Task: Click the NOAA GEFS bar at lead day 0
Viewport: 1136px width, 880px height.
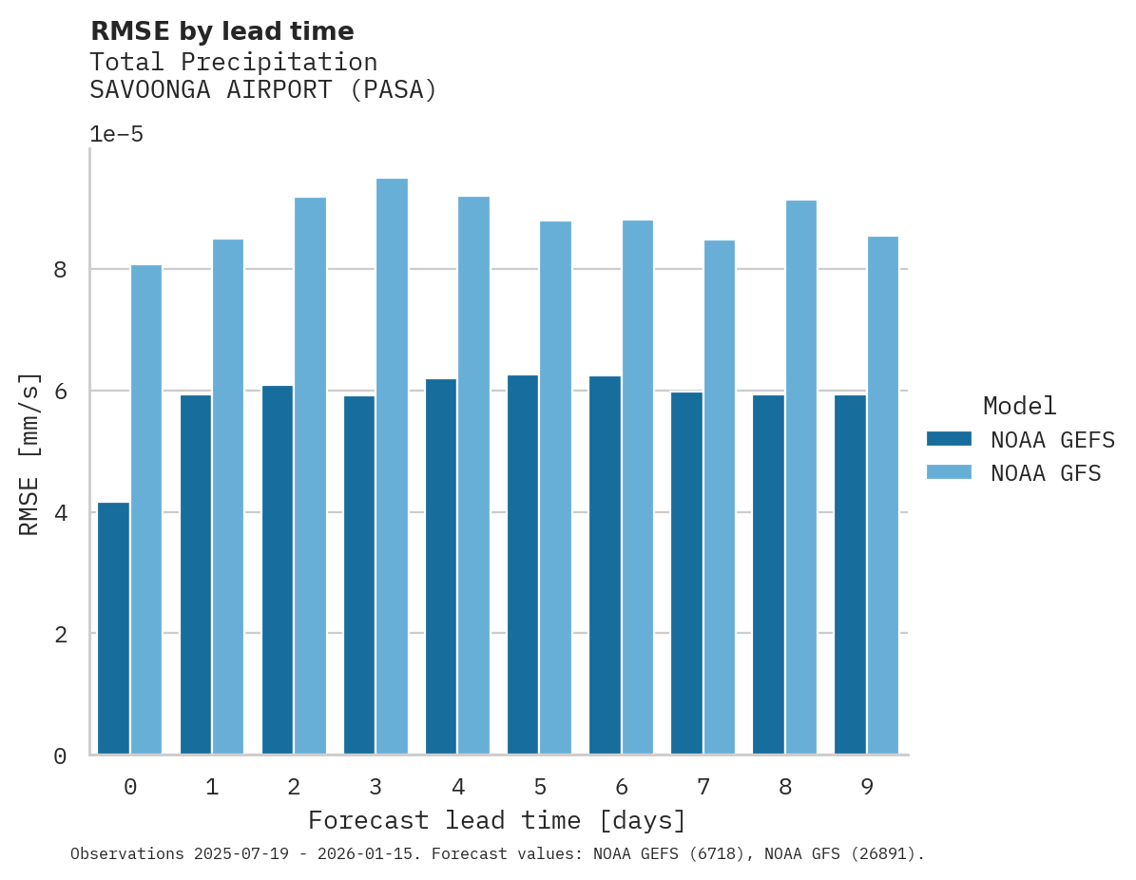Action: point(113,628)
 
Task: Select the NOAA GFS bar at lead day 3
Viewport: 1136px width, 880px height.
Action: point(392,467)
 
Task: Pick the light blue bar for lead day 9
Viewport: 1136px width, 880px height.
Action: point(882,495)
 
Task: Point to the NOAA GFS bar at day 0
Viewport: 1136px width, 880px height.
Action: point(146,509)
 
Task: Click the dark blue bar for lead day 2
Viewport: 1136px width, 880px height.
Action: point(278,570)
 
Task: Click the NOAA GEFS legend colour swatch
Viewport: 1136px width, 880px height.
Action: point(949,439)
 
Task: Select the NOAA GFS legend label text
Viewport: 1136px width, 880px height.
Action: point(1045,473)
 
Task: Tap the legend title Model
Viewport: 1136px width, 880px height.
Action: point(1019,406)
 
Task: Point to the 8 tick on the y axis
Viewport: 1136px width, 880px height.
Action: point(60,270)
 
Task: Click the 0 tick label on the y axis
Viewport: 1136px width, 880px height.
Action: point(60,756)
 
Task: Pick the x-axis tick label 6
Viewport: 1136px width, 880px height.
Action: point(622,787)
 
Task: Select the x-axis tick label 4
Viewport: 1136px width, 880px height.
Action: point(457,787)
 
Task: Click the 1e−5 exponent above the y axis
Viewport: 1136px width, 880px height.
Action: point(116,135)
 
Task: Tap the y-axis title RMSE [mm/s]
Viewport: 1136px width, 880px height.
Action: point(29,453)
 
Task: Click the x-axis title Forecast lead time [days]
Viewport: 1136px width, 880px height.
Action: point(496,820)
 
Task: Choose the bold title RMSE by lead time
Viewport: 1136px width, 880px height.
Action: point(221,31)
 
